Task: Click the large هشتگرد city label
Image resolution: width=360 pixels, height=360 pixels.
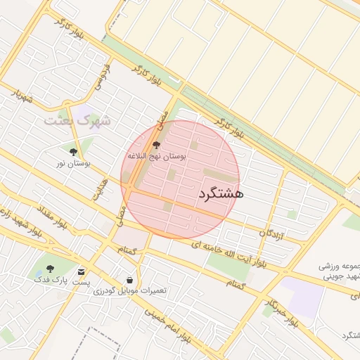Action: [x=221, y=193]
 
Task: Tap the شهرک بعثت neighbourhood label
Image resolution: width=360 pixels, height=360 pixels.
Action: [x=77, y=120]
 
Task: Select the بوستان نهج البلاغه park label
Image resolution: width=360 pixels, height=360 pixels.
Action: [x=156, y=156]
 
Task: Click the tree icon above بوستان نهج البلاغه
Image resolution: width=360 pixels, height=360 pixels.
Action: [x=156, y=144]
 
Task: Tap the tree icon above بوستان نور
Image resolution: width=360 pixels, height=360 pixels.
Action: [x=73, y=150]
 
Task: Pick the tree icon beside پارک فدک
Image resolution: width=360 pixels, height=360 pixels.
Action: [x=50, y=268]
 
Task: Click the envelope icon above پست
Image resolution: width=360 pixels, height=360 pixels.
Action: [x=82, y=271]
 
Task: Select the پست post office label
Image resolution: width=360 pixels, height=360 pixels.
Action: [x=82, y=282]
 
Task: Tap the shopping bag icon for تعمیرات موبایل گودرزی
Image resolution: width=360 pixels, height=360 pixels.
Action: [x=129, y=279]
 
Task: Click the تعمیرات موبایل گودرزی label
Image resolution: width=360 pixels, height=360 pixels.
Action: [x=131, y=290]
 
